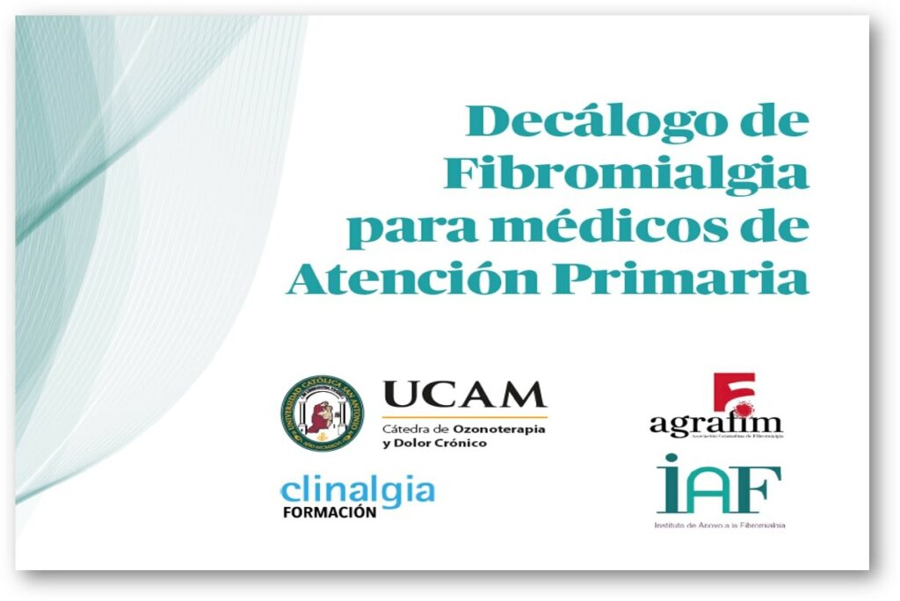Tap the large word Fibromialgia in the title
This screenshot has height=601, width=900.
626,174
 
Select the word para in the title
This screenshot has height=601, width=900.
397,228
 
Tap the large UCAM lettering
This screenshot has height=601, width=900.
464,395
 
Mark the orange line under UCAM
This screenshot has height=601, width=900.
464,416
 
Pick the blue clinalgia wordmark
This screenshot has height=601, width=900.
357,489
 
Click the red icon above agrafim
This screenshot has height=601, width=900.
733,395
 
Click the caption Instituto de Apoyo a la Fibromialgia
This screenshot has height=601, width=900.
719,525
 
